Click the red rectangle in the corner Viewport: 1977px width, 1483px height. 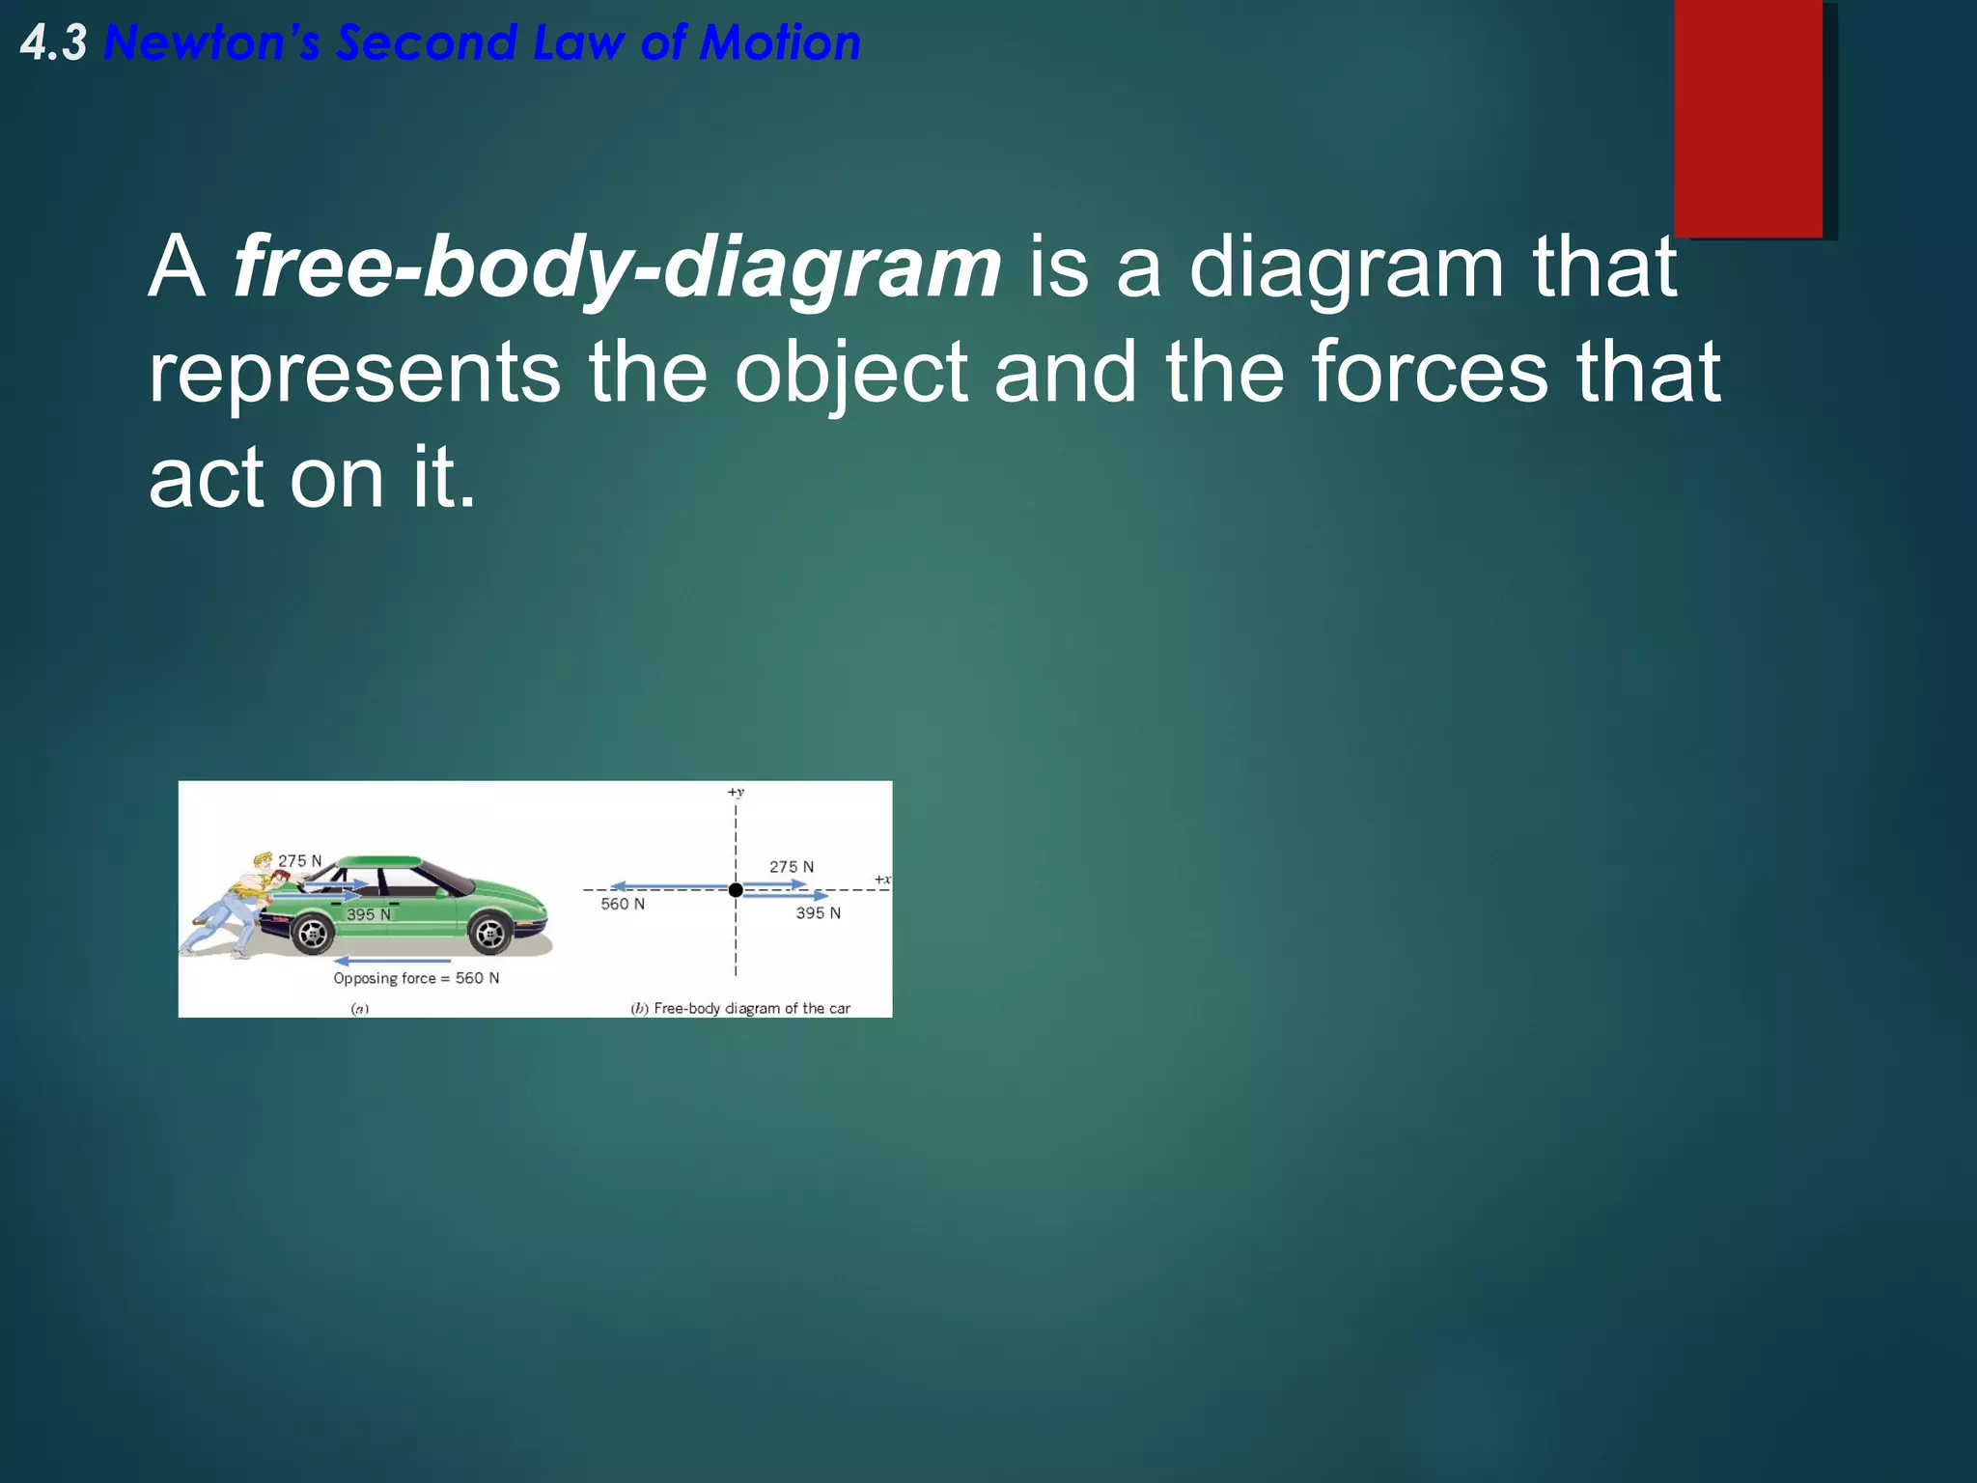[1748, 118]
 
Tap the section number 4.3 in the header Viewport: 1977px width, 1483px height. [54, 44]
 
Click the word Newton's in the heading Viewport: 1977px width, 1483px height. [211, 44]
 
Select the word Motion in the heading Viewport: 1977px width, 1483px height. [780, 44]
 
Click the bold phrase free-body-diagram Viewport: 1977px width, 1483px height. [618, 267]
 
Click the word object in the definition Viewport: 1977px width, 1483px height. [850, 373]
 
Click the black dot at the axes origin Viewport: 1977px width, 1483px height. [736, 890]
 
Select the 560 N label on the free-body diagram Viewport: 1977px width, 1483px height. [623, 905]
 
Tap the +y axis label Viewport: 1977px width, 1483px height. [736, 793]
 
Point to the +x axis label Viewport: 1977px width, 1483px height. [882, 880]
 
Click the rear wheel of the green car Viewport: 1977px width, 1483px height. [312, 933]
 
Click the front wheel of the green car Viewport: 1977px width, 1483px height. [489, 934]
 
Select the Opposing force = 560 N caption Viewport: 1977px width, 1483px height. [416, 979]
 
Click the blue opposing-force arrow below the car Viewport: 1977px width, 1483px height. [392, 962]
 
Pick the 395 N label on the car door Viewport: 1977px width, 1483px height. [369, 914]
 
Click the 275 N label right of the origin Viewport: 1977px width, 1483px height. [792, 867]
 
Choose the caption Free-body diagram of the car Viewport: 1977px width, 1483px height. [751, 1009]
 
